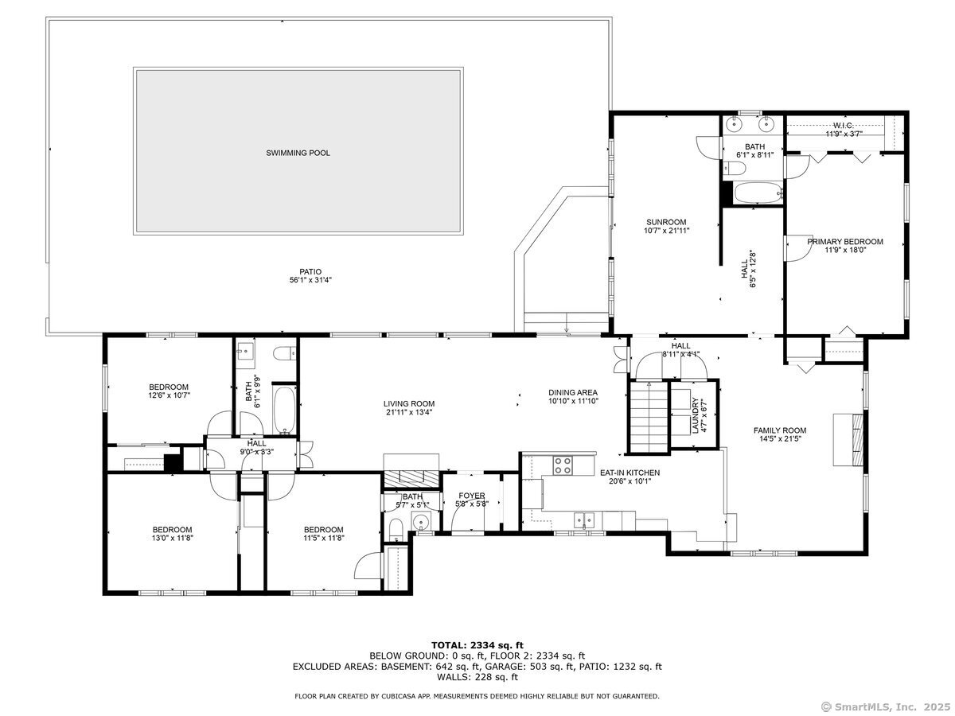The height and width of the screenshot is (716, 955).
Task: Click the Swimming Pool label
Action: click(298, 153)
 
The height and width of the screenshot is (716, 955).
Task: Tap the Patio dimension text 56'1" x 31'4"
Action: click(310, 280)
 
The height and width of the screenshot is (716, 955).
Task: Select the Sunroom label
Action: click(666, 222)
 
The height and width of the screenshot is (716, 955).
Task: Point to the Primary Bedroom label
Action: click(845, 242)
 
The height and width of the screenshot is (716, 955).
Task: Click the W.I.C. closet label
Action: click(843, 126)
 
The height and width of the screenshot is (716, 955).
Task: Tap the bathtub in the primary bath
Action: click(758, 193)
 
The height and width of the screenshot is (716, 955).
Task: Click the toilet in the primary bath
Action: click(735, 168)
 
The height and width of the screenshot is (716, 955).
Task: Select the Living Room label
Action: click(409, 404)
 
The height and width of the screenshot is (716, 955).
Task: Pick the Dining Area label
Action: click(573, 392)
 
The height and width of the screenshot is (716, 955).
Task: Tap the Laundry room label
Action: click(695, 415)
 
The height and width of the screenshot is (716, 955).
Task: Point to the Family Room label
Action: click(780, 430)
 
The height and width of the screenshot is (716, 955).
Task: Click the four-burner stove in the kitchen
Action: click(563, 465)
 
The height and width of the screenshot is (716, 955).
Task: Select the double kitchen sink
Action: click(584, 519)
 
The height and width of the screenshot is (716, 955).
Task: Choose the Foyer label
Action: click(472, 496)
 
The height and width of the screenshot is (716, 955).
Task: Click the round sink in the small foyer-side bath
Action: click(421, 521)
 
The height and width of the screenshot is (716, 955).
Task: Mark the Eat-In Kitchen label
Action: click(630, 473)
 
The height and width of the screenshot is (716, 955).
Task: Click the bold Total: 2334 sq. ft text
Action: click(477, 645)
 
